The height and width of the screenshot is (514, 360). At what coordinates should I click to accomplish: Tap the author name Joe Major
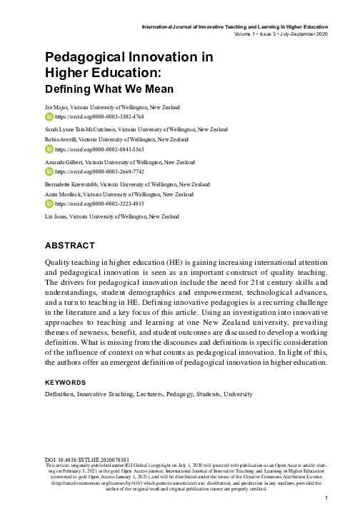[54, 106]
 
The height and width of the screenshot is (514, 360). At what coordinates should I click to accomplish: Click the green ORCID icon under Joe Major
[49, 115]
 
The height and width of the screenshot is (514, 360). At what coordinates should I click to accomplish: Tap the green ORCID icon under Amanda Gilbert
[49, 172]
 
